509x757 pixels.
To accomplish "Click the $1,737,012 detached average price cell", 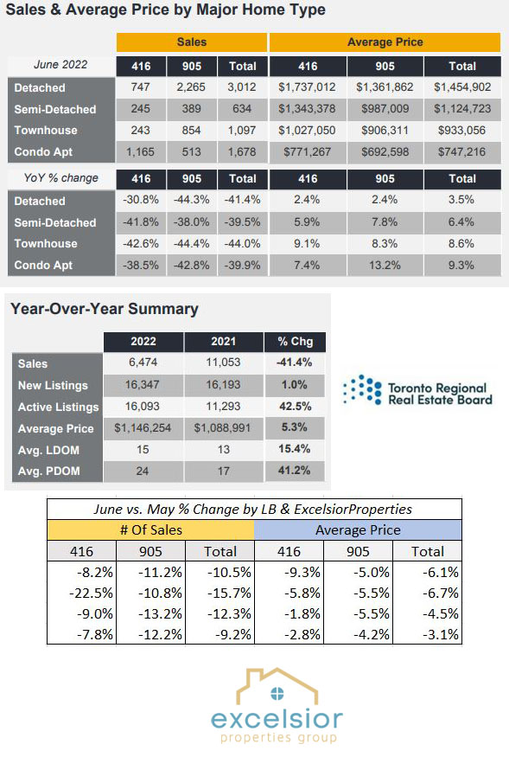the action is tap(307, 87).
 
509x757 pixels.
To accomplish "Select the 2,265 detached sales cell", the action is tap(192, 87).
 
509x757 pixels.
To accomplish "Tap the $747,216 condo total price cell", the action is tap(462, 152).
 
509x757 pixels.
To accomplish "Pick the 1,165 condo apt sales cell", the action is tap(140, 152).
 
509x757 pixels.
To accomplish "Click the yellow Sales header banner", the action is tap(192, 42).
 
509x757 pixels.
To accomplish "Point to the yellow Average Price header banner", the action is tap(385, 42).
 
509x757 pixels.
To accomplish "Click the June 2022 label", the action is tap(60, 65).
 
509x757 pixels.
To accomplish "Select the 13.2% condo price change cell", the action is tap(385, 265).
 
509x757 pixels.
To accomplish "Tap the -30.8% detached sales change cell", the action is tap(140, 200).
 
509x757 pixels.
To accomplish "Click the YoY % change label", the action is tap(60, 178).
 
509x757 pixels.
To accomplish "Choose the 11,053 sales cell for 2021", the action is tap(223, 362).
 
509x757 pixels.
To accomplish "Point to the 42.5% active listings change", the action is tap(295, 407).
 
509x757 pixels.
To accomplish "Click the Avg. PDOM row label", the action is tap(48, 472).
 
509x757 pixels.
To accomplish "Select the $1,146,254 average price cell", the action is tap(143, 427).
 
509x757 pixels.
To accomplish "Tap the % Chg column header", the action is tap(295, 342).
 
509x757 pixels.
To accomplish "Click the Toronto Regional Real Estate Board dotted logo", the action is tap(362, 389).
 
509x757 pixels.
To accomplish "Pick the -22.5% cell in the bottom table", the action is tap(92, 593).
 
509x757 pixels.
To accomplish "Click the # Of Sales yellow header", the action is tap(150, 530).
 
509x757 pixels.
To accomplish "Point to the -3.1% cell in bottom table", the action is tap(441, 634).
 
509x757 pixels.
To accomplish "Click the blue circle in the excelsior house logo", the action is tap(277, 694).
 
